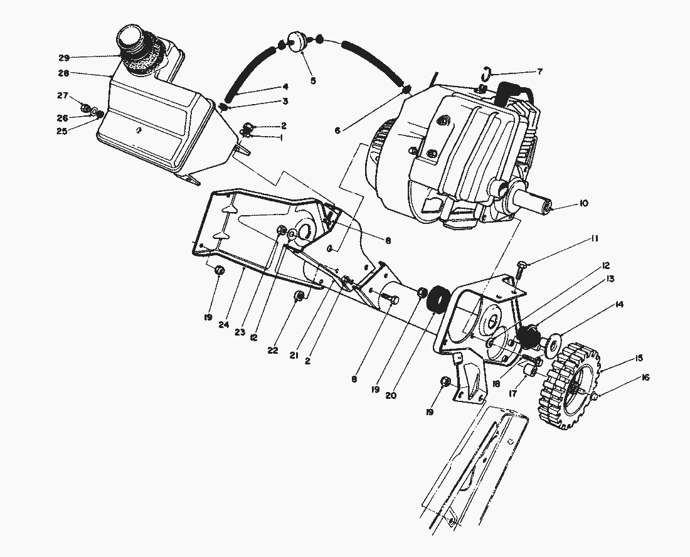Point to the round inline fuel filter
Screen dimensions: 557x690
[294, 42]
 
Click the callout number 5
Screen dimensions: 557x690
[313, 80]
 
